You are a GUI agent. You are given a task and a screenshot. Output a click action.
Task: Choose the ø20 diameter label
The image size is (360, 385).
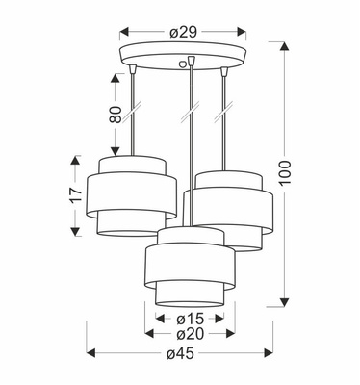(190, 334)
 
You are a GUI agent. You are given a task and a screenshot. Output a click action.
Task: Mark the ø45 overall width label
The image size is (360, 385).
(180, 355)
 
